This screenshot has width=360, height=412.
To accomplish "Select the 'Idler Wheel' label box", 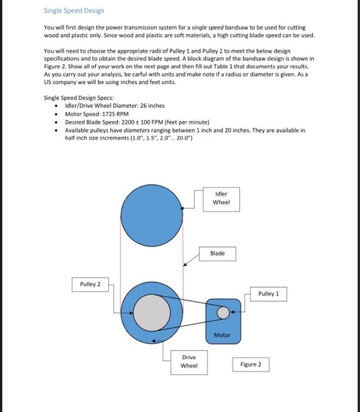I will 221,198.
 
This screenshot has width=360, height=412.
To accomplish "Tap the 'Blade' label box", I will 217,253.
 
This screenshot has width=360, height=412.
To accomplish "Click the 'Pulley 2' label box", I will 90,284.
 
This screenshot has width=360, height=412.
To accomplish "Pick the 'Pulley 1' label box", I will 269,293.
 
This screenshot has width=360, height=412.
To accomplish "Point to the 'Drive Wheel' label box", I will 189,361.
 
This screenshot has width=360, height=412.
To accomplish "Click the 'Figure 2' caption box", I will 251,364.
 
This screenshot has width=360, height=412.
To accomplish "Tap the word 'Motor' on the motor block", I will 222,335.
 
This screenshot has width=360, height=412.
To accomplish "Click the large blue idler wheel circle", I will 152,211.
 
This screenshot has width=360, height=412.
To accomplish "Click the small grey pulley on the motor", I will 222,313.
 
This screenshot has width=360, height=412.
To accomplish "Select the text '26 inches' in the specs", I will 152,106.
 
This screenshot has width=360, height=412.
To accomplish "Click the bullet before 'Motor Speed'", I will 56,114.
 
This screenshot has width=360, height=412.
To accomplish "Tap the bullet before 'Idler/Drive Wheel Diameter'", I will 56,106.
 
